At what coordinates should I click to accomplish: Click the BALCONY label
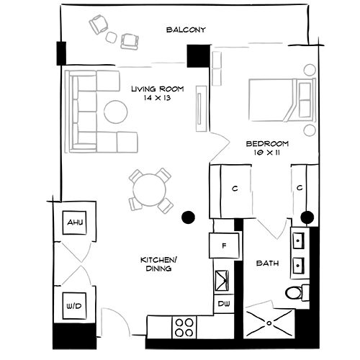click(x=186, y=30)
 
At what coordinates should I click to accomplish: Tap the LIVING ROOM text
click(x=158, y=89)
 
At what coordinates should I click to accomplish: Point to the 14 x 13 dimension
click(x=158, y=99)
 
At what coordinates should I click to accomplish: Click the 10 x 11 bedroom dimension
click(x=266, y=154)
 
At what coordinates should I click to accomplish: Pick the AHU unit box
click(x=75, y=223)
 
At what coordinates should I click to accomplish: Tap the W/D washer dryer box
click(x=75, y=305)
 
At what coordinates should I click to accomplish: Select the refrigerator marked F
click(x=224, y=246)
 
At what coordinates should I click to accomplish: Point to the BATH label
click(x=267, y=264)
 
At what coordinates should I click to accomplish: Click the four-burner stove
click(x=184, y=328)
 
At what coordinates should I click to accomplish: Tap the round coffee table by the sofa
click(x=115, y=111)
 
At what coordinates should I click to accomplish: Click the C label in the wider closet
click(x=235, y=189)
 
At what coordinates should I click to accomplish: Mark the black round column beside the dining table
click(x=189, y=216)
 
